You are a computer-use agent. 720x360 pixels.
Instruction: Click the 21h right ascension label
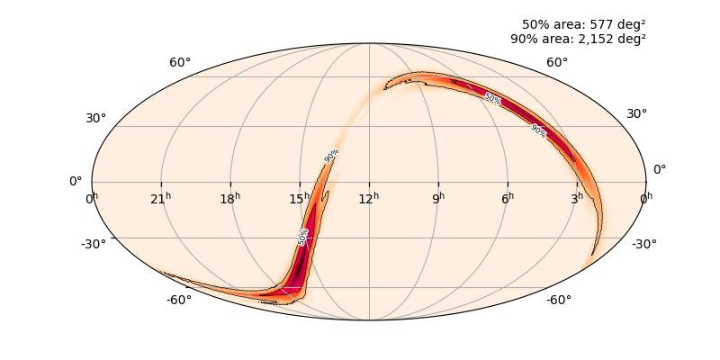(161, 197)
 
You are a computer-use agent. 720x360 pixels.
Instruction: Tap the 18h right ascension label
(230, 197)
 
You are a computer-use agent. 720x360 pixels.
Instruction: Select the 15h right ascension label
(300, 197)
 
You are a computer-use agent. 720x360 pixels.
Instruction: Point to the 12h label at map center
(369, 197)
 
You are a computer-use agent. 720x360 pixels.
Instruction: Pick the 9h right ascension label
(438, 197)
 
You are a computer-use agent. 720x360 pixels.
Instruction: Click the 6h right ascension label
(508, 197)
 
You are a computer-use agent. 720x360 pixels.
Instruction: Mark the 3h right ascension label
(577, 197)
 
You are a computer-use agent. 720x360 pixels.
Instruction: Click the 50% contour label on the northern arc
(492, 98)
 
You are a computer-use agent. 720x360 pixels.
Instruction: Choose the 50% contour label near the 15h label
(303, 237)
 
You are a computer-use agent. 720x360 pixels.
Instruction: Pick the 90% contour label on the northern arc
(538, 130)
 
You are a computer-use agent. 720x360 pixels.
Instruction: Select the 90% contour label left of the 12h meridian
(332, 155)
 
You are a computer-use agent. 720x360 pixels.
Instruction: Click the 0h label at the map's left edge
(92, 197)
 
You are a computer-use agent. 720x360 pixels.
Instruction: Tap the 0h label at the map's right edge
(646, 197)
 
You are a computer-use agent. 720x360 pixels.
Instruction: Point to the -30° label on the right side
(644, 244)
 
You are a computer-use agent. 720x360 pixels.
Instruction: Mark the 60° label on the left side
(180, 62)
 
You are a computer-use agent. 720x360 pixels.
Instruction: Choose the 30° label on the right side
(636, 113)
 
